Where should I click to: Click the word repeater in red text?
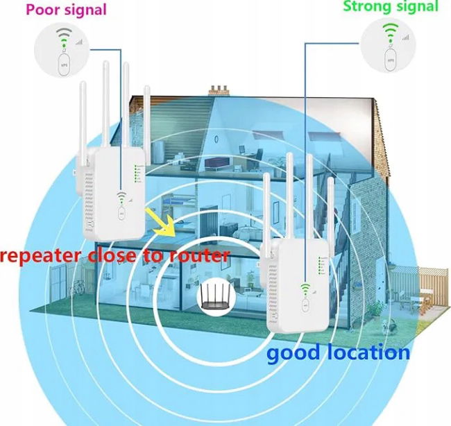pos(42,255)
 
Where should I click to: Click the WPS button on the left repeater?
pos(122,214)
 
